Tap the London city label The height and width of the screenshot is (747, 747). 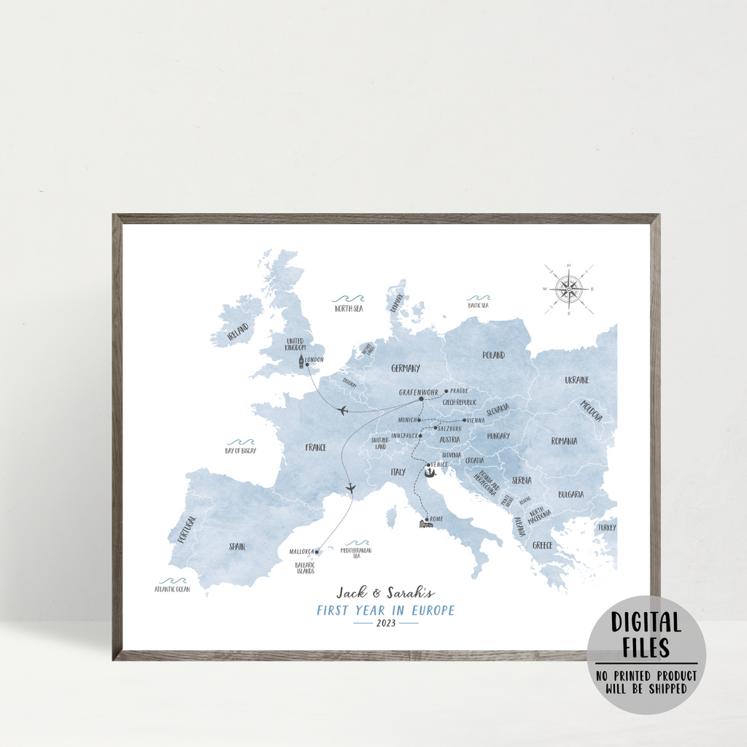315,360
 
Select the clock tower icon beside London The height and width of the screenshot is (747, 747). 300,362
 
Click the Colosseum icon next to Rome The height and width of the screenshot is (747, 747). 424,523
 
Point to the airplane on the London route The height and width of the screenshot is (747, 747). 342,411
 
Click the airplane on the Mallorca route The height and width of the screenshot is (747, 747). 351,487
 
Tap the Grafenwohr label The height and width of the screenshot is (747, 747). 419,392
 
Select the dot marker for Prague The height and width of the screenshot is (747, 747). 446,391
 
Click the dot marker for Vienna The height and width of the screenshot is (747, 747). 464,420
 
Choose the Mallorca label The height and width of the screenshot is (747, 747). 301,551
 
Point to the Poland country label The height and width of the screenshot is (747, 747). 493,355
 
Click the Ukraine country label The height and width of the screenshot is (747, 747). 576,380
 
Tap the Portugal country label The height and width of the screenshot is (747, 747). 186,530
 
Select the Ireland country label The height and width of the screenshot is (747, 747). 238,332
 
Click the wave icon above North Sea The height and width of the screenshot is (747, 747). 348,299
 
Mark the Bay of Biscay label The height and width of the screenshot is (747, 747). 241,451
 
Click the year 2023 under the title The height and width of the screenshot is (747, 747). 386,623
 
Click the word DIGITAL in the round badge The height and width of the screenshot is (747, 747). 646,623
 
